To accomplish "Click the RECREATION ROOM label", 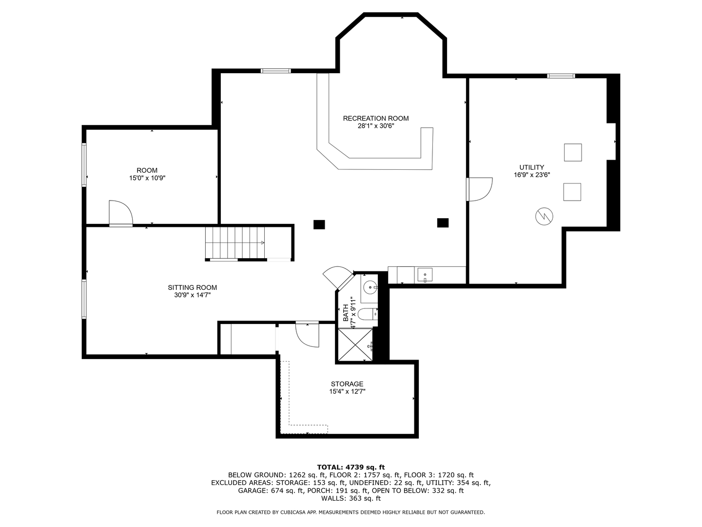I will point(375,118).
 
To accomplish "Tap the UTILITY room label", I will point(531,167).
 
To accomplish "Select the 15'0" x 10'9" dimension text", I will point(147,179).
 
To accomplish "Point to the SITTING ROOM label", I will point(192,287).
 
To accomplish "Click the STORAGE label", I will point(347,384).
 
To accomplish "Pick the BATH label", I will point(346,312).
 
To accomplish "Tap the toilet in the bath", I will point(367,313).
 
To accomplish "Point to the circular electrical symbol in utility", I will point(544,216).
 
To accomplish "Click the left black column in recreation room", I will point(319,224).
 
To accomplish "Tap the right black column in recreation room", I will point(443,223).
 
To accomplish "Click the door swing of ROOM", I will point(120,213).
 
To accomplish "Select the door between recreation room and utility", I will point(479,189).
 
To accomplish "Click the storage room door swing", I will point(307,335).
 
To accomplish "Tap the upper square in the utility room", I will point(573,152).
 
